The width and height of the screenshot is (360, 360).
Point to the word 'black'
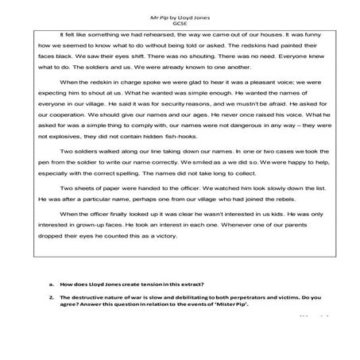click(x=69, y=58)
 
